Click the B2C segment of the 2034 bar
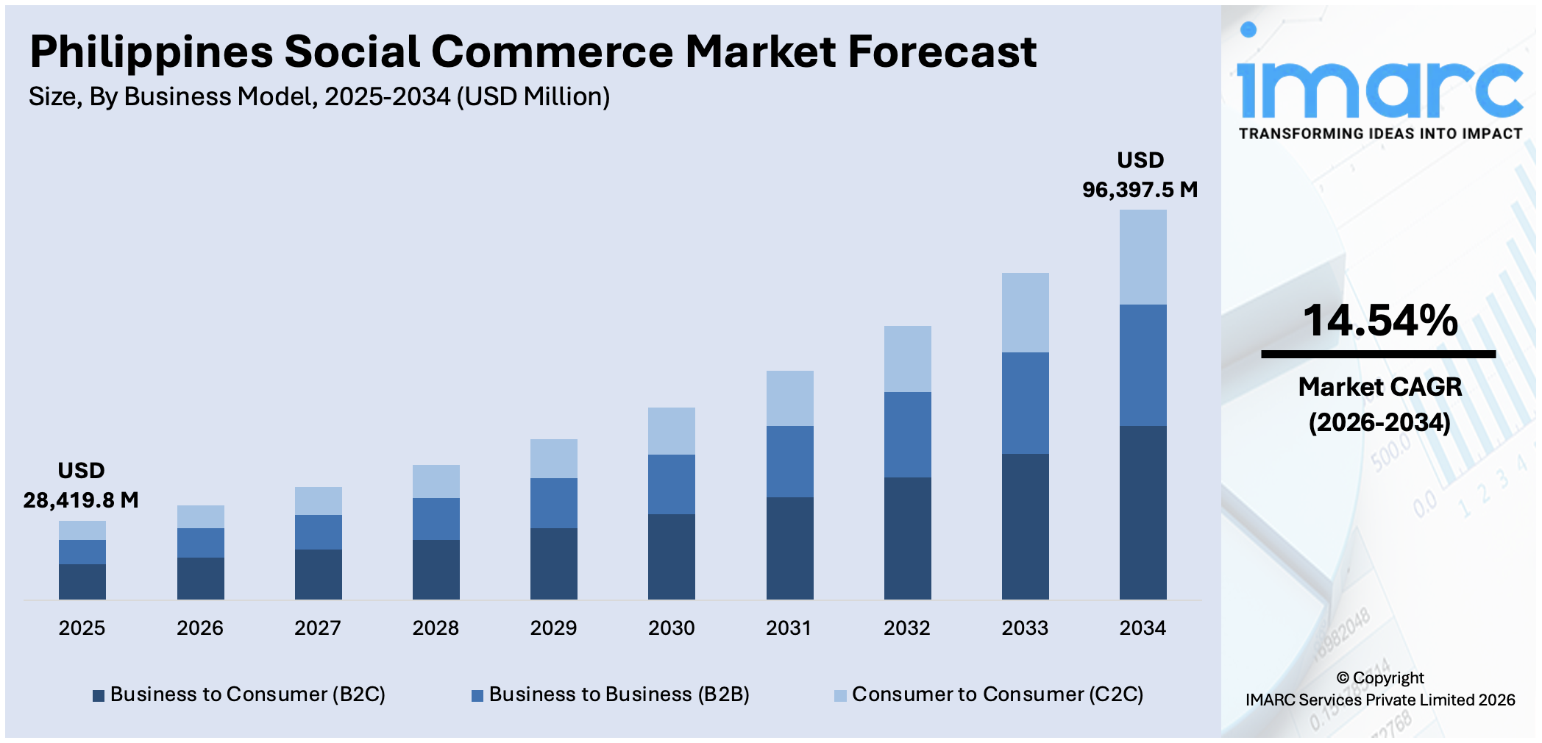(x=1143, y=512)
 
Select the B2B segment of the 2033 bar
(x=1025, y=402)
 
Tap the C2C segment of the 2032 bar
(x=907, y=358)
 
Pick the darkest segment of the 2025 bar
(x=82, y=581)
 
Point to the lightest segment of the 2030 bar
(x=671, y=430)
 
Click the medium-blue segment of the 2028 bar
(x=436, y=519)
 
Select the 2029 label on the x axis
(x=553, y=628)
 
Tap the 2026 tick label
(x=199, y=628)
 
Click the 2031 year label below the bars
(x=789, y=628)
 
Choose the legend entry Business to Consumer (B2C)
(x=247, y=694)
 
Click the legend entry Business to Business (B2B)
(x=619, y=694)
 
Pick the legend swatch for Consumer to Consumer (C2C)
(x=840, y=695)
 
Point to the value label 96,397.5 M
(x=1140, y=190)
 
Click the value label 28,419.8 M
(x=81, y=500)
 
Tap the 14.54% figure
(x=1379, y=321)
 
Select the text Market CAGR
(x=1379, y=386)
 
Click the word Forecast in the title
(x=942, y=51)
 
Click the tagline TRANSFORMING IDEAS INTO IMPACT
(x=1379, y=134)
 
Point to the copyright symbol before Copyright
(x=1343, y=678)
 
